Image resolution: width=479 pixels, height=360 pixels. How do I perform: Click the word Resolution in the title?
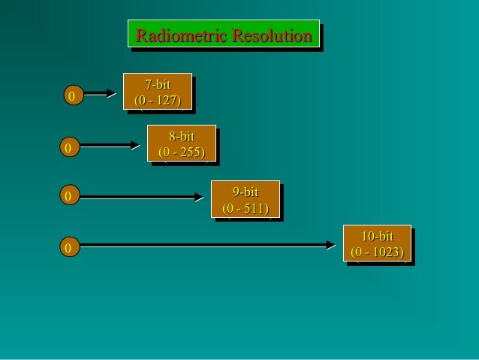(272, 35)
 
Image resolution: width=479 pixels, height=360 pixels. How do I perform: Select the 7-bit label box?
(158, 91)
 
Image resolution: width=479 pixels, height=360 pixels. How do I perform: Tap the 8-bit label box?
(182, 144)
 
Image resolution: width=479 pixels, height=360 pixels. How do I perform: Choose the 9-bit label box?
(246, 199)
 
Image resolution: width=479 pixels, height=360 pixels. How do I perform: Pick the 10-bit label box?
(377, 243)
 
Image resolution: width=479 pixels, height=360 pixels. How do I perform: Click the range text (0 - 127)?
(158, 99)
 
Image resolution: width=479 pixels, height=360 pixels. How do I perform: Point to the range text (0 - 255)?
(182, 152)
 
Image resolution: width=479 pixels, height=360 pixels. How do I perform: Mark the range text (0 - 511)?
(246, 207)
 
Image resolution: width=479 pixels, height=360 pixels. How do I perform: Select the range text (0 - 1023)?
(377, 252)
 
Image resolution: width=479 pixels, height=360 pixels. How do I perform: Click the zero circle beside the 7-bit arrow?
(72, 96)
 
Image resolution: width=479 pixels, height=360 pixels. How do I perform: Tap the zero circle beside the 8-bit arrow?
(68, 148)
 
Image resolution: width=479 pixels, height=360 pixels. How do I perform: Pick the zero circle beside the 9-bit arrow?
(68, 197)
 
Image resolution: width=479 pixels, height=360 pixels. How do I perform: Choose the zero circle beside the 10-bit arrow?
(68, 247)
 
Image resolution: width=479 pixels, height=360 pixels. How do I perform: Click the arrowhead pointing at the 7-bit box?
(111, 93)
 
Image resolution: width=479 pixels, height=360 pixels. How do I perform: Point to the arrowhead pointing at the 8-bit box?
(135, 145)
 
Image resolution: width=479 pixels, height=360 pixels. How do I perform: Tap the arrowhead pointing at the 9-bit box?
(199, 197)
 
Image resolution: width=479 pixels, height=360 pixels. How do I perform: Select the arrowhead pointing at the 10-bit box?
(330, 244)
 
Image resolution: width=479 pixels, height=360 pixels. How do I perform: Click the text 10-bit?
(377, 236)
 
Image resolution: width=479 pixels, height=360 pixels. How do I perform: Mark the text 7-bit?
(158, 84)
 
